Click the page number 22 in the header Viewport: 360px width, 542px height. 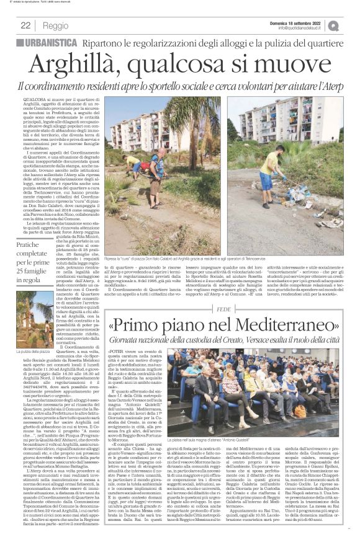[x=25, y=25]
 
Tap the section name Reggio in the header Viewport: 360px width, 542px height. [x=56, y=25]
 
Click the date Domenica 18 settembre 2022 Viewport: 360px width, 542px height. [x=302, y=22]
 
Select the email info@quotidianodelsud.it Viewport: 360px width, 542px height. [x=301, y=28]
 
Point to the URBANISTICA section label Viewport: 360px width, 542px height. [x=52, y=43]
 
